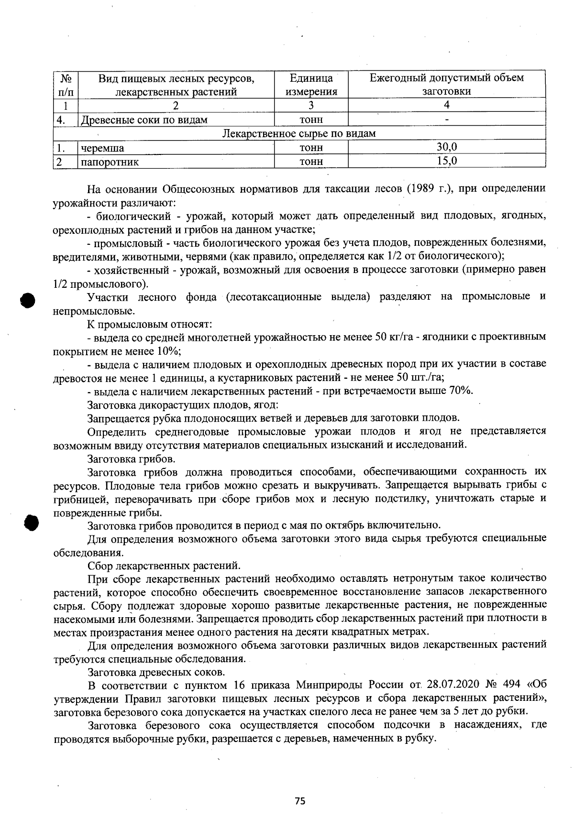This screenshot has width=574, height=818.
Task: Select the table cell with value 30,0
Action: (447, 147)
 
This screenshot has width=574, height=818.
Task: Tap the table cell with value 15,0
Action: (447, 161)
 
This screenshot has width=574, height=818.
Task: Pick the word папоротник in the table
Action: (110, 162)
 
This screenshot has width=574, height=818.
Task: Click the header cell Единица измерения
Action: (311, 85)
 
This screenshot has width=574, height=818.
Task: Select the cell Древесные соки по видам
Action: (144, 120)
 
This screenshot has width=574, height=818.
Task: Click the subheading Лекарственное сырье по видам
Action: (299, 133)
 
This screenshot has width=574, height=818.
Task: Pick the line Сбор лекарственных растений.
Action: (164, 566)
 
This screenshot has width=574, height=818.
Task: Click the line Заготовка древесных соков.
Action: (156, 672)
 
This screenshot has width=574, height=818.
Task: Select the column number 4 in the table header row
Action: (447, 106)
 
